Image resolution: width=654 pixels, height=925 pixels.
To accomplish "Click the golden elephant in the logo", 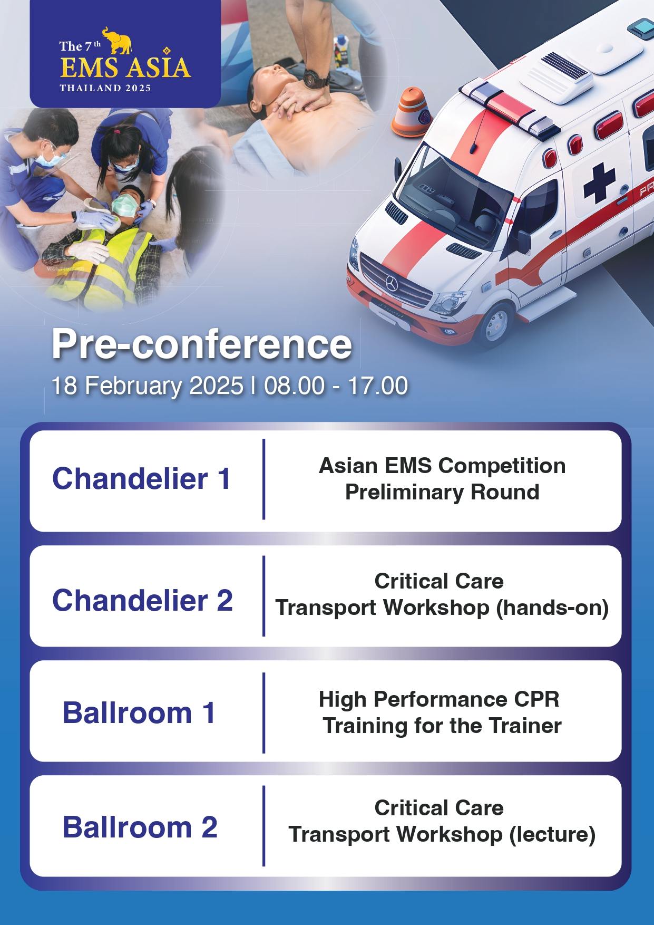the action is pos(116,41).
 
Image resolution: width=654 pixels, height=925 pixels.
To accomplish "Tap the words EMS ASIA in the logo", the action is pos(125,68).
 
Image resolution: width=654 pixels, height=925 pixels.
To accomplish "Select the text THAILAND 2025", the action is pos(105,88).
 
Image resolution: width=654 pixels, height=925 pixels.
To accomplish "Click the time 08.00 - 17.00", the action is pos(336,386).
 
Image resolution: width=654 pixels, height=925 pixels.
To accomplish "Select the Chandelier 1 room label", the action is pos(141,479).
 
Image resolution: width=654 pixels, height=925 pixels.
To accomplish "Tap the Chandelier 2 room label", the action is pos(142,600).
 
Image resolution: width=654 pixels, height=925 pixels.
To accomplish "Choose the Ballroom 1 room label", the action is pos(139,713).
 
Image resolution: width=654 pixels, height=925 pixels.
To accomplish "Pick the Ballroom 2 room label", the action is pos(140,826).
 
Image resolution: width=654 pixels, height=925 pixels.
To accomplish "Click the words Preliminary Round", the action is pos(442,492).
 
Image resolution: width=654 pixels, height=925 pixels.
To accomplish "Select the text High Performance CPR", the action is pos(439,699).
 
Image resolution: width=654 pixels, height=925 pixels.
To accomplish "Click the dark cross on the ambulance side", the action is pos(599,182).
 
